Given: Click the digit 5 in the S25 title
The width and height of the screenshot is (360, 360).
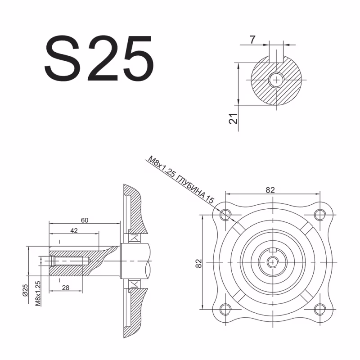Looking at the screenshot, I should coord(135,59).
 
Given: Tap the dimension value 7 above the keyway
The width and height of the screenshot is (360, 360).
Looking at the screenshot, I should coord(252,40).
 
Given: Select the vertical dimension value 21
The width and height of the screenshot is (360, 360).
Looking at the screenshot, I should coord(233,119).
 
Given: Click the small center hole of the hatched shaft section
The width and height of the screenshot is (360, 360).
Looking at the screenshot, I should coord(275,80).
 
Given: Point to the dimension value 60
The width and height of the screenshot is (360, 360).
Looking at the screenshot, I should coord(85,220).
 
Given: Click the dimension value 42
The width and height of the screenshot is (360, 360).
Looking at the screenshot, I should coord(74,230).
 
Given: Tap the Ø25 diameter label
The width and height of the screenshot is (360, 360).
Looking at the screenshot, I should coord(26,288).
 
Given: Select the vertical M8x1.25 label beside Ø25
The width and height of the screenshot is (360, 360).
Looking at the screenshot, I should coord(38,293).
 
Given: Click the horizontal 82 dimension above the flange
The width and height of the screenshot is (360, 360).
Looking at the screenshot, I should coord(270,190).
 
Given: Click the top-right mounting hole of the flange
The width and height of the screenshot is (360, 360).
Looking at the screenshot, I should coord(320,214).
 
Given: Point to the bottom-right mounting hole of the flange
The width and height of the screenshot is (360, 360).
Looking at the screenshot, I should coord(320,309).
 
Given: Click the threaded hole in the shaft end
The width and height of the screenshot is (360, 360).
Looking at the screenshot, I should coord(67,261).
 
